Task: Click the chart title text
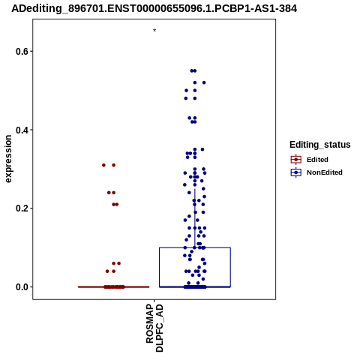coord(154,9)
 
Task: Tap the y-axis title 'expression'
coord(8,159)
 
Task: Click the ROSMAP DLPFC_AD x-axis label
coord(154,328)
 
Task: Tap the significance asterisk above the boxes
coord(154,30)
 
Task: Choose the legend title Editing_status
coord(320,145)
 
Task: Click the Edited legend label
coord(317,160)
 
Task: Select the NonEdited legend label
coord(325,172)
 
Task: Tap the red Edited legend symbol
coord(296,160)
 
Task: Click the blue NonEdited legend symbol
coord(296,172)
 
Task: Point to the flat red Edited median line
coord(114,286)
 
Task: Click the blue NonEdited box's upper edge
coord(195,247)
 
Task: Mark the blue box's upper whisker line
coord(195,218)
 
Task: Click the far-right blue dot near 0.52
coord(204,82)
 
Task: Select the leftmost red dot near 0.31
coord(103,165)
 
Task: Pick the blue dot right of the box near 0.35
coord(202,149)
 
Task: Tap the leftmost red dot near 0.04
coord(107,271)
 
